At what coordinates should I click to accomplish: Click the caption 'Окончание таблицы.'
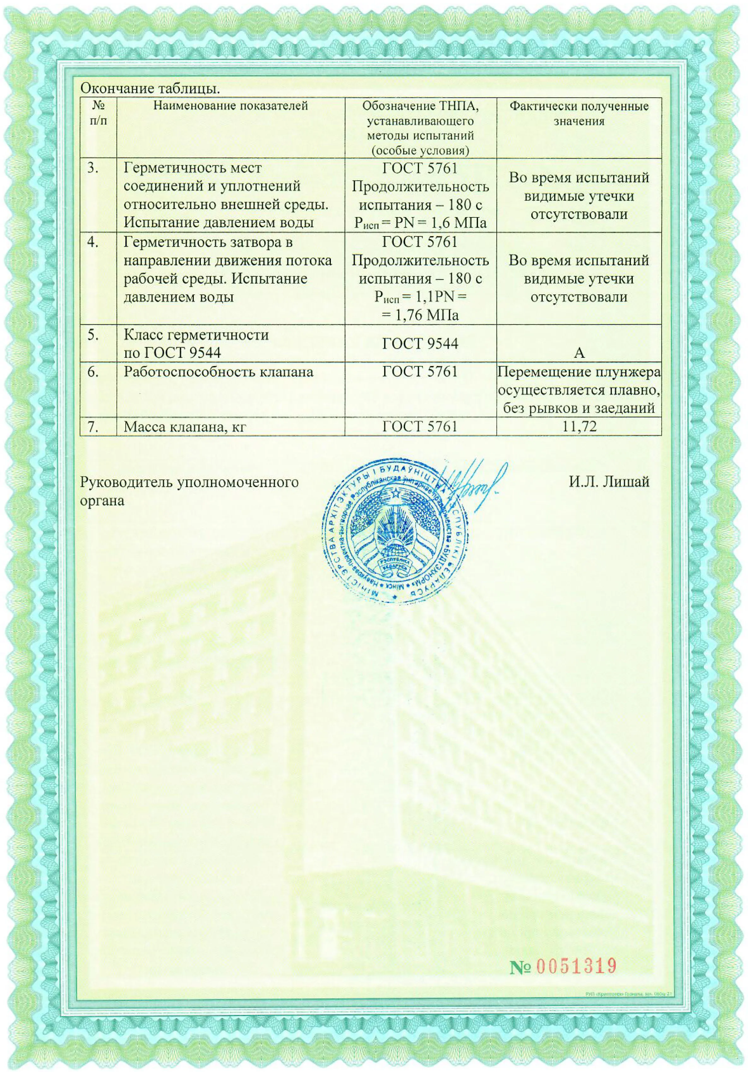[x=150, y=88]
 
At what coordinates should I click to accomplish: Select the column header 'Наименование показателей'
[x=231, y=106]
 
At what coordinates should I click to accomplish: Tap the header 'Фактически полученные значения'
[x=578, y=114]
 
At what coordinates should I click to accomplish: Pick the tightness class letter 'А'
[x=579, y=353]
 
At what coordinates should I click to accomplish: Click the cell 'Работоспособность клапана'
[x=218, y=372]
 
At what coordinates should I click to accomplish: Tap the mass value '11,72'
[x=579, y=426]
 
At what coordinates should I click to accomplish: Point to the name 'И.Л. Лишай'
[x=609, y=482]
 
